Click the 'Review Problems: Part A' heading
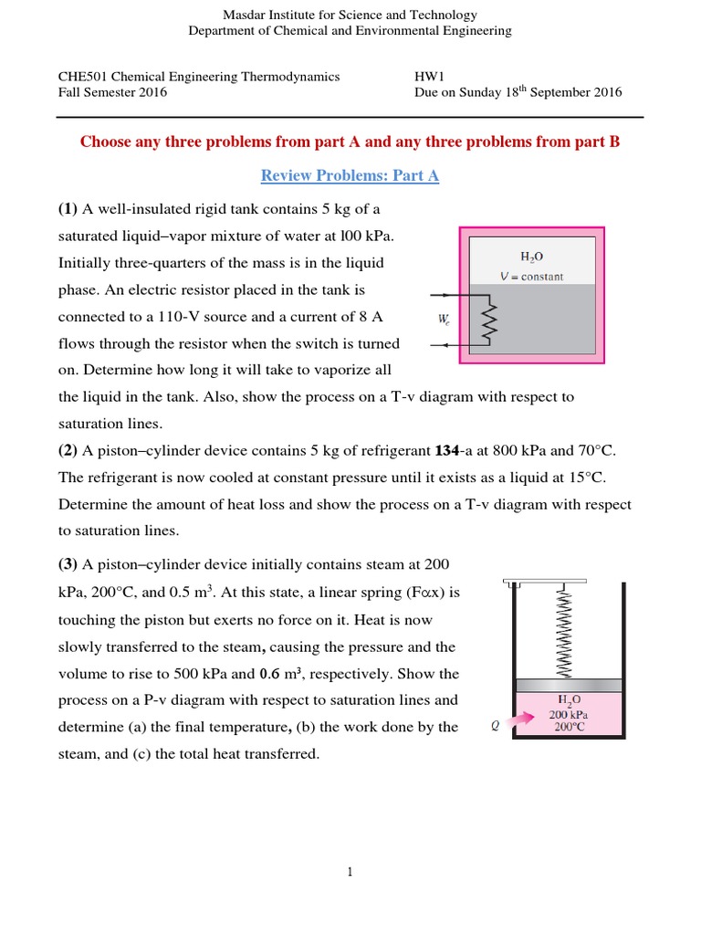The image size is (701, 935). click(350, 175)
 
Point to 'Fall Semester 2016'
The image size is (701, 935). click(113, 92)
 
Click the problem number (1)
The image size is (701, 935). click(68, 208)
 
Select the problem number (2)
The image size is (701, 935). click(68, 450)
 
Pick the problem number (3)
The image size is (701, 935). click(68, 565)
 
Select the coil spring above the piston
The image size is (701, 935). click(564, 630)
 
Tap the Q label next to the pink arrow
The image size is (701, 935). click(495, 728)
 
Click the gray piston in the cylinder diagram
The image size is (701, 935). click(568, 685)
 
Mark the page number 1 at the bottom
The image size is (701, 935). click(350, 872)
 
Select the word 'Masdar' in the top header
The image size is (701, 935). click(245, 15)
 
